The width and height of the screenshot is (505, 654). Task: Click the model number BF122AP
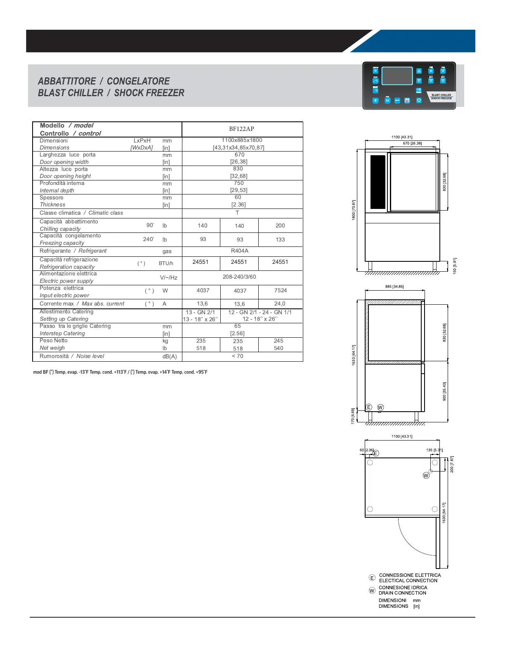(241, 129)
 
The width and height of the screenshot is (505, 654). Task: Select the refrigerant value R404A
(240, 251)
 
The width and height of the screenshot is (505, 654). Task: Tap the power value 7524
(281, 290)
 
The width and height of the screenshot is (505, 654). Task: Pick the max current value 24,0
(280, 303)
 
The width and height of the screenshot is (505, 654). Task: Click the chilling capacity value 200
(280, 225)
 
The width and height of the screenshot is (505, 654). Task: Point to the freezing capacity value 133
(280, 239)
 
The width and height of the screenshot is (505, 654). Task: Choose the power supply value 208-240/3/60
(239, 277)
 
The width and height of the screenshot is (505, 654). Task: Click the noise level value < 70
(238, 356)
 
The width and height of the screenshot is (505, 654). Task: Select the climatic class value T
(237, 213)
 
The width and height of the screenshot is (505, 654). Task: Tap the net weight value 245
(278, 341)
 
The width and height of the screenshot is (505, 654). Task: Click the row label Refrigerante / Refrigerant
(73, 251)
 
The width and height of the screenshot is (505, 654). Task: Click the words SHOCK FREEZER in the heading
(149, 93)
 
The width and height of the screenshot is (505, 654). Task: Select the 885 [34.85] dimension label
(394, 286)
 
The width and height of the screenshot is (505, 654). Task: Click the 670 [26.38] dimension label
(412, 143)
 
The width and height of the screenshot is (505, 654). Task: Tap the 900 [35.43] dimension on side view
(444, 391)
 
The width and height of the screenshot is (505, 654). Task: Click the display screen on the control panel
(397, 76)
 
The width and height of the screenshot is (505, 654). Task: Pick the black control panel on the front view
(378, 182)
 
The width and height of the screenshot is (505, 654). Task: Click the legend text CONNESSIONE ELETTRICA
(410, 575)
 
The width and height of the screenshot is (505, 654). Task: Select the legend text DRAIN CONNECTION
(402, 593)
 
